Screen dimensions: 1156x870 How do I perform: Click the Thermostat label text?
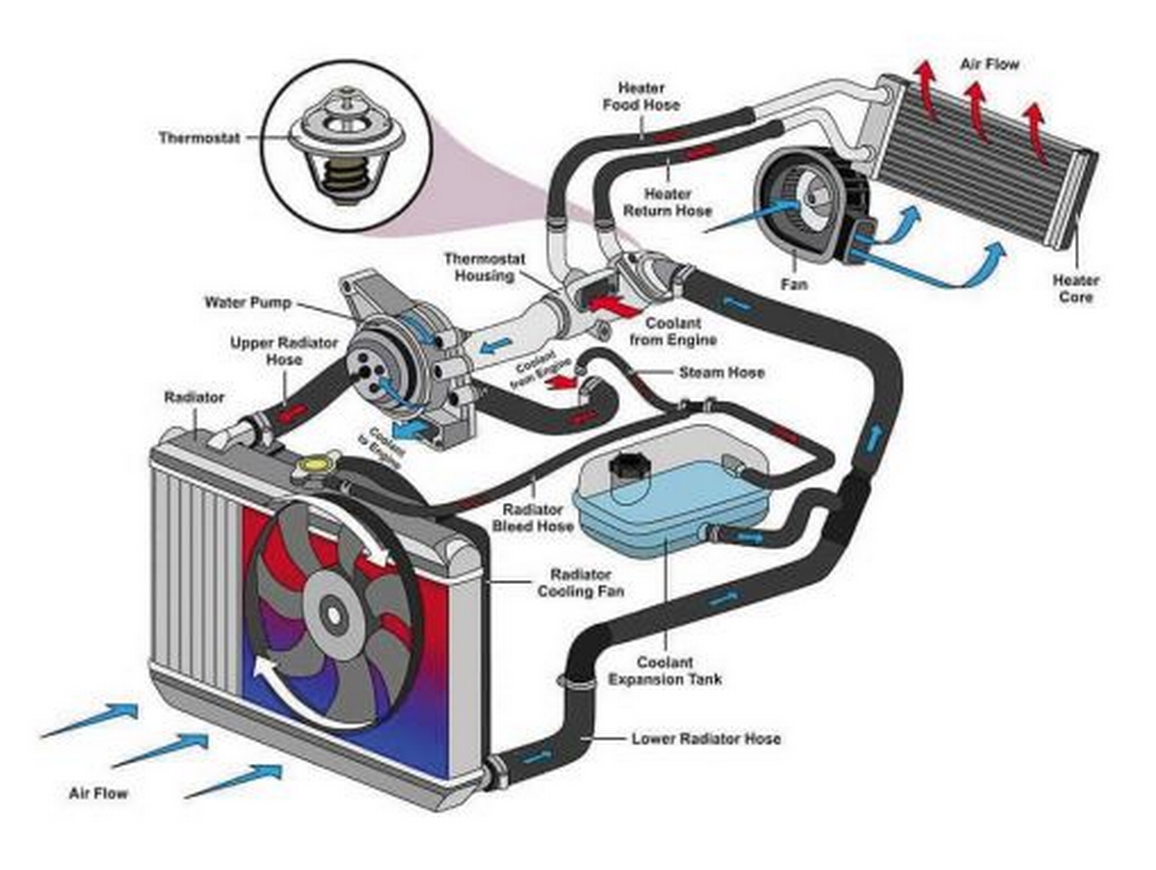[199, 138]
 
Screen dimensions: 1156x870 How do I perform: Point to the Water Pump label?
[248, 303]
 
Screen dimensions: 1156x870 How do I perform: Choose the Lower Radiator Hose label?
[706, 738]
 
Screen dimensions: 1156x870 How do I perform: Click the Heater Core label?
[1075, 289]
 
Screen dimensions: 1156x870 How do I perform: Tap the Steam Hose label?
[722, 372]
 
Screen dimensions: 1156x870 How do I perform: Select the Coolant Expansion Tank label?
[665, 671]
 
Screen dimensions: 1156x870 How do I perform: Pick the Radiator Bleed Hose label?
[533, 517]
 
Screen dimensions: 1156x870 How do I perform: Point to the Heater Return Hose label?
[668, 202]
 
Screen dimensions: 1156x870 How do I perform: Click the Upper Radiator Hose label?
[284, 352]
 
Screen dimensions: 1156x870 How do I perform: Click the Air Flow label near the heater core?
[989, 65]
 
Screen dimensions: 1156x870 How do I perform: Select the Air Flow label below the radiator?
[98, 793]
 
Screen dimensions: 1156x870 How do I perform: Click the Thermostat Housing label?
[485, 267]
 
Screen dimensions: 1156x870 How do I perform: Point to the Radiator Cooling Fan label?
[580, 583]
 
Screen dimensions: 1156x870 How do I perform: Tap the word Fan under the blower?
[794, 284]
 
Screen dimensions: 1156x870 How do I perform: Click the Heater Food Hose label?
[641, 95]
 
